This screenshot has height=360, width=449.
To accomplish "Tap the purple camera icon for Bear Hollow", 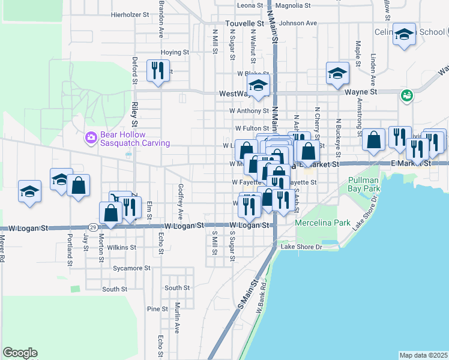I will tap(91, 139).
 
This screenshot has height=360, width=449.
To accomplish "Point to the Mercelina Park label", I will tap(322, 223).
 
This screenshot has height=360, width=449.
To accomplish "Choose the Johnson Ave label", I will tap(298, 23).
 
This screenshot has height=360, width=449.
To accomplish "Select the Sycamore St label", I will tap(131, 268).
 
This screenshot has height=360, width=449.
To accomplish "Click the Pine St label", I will tap(157, 309).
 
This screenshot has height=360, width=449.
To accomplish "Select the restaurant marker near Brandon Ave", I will tap(158, 71).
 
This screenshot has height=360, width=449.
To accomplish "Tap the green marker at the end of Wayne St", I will tap(406, 95).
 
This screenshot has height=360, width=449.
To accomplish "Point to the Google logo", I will tap(20, 353).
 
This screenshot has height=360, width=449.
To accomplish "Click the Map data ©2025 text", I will tap(423, 355).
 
